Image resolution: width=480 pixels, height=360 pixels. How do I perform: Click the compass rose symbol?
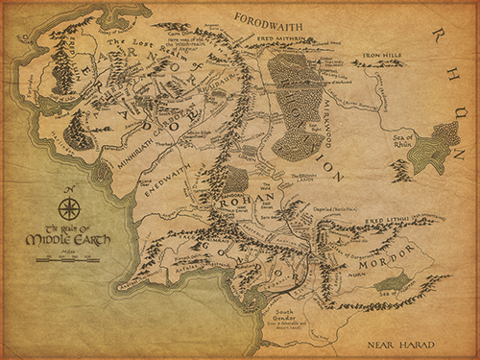click(x=68, y=207)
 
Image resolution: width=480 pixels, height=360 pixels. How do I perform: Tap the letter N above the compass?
click(x=68, y=189)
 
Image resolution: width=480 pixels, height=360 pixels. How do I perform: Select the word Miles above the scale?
click(x=68, y=251)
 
